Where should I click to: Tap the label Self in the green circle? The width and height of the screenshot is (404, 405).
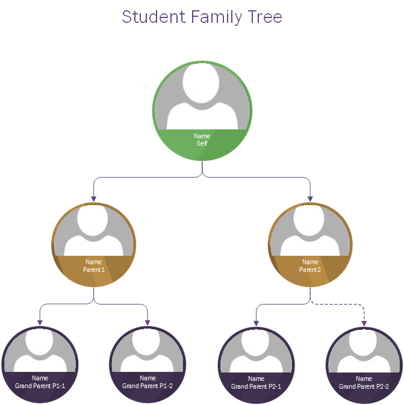[x=202, y=144]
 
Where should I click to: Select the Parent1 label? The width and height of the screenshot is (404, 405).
[x=94, y=270]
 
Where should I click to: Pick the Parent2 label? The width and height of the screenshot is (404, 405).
[x=310, y=270]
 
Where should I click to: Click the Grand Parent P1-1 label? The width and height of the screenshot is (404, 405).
[x=40, y=386]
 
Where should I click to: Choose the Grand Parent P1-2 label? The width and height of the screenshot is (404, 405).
[x=148, y=386]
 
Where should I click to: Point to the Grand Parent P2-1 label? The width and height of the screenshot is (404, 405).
[x=256, y=386]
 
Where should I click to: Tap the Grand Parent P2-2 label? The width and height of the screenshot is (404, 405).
[x=364, y=386]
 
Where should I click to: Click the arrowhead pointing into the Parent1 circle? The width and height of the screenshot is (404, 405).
[x=94, y=198]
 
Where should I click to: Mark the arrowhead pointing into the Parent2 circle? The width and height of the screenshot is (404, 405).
[x=310, y=198]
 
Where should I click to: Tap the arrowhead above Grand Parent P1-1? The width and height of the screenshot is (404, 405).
[x=40, y=323]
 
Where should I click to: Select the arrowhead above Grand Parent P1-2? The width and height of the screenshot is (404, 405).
[x=148, y=323]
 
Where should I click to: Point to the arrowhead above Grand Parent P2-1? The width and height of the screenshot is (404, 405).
[x=256, y=323]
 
